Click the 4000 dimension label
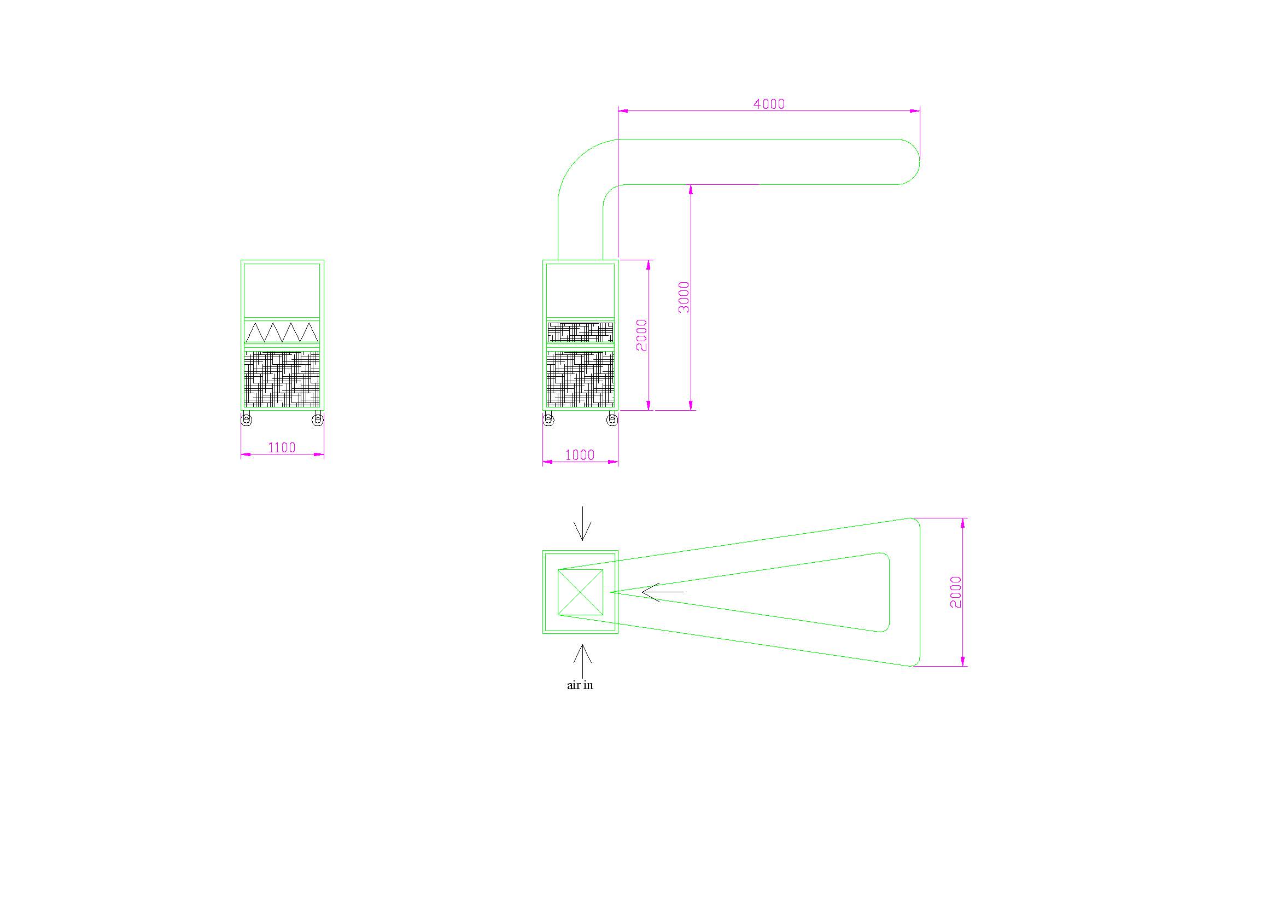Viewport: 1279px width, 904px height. [x=769, y=103]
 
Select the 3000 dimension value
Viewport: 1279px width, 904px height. [x=684, y=297]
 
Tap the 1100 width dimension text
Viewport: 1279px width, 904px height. [x=282, y=447]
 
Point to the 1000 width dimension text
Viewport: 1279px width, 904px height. [x=580, y=455]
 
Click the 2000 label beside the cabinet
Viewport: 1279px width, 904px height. [x=642, y=335]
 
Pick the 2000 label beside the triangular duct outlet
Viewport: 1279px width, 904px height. [x=956, y=592]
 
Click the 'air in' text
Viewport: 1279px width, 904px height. [x=580, y=686]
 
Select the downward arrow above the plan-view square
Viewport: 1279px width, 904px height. [x=582, y=523]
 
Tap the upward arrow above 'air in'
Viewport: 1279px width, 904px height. [x=582, y=662]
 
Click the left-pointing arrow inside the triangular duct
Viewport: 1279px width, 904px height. [x=662, y=592]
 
